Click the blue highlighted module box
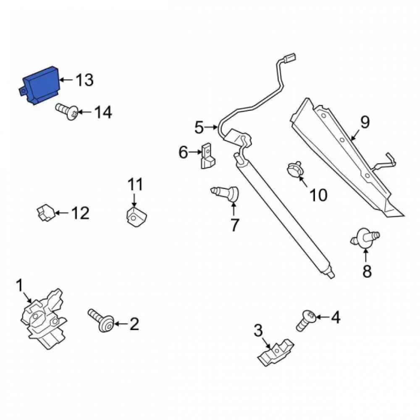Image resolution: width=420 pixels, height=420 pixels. tap(40, 85)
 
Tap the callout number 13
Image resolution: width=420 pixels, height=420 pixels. tap(85, 80)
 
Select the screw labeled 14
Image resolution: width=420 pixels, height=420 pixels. tap(67, 112)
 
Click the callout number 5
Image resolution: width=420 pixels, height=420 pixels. tap(199, 128)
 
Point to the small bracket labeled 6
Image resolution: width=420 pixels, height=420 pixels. tap(208, 156)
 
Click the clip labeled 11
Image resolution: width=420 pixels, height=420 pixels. tap(136, 216)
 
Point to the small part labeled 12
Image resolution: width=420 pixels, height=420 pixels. tap(46, 213)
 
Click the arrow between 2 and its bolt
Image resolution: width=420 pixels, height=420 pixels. tap(121, 324)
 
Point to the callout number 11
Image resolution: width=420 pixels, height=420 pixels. tap(135, 184)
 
